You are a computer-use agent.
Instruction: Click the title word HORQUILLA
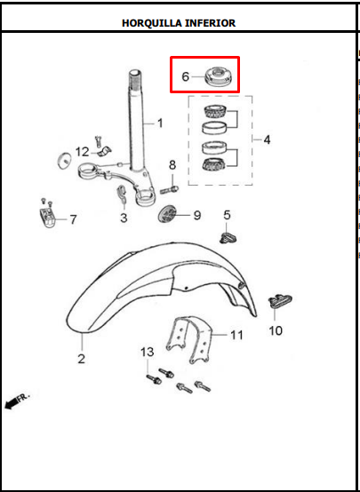(x=149, y=23)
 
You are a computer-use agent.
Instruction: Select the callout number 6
(x=186, y=76)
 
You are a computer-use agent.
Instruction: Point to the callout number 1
(x=160, y=123)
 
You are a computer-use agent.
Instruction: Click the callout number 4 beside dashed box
(x=267, y=139)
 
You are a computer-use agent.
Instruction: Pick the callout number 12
(x=83, y=152)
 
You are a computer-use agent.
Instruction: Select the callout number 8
(x=172, y=165)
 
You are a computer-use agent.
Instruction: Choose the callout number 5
(x=228, y=215)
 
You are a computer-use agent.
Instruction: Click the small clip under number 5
(x=228, y=237)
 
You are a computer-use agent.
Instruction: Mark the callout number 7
(x=73, y=219)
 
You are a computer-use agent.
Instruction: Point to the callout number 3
(x=124, y=218)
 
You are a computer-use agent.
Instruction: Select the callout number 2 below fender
(x=82, y=359)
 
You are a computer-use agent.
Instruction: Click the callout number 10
(x=276, y=330)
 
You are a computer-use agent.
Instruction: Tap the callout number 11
(x=236, y=335)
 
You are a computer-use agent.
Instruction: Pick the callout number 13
(x=148, y=353)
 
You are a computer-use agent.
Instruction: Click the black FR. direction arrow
(x=12, y=403)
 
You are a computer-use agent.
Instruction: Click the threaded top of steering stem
(x=136, y=81)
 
